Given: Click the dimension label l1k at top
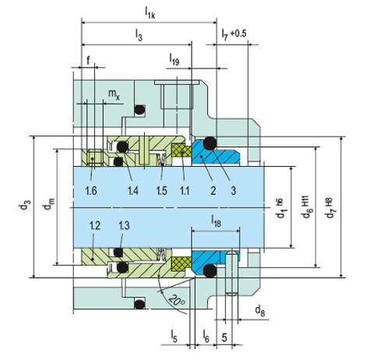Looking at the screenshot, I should point(150,11).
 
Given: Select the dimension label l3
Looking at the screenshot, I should point(139,36).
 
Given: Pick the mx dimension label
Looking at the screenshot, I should point(113,94).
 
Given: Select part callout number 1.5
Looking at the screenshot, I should point(161,190).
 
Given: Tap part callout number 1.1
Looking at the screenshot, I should point(184,190).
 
